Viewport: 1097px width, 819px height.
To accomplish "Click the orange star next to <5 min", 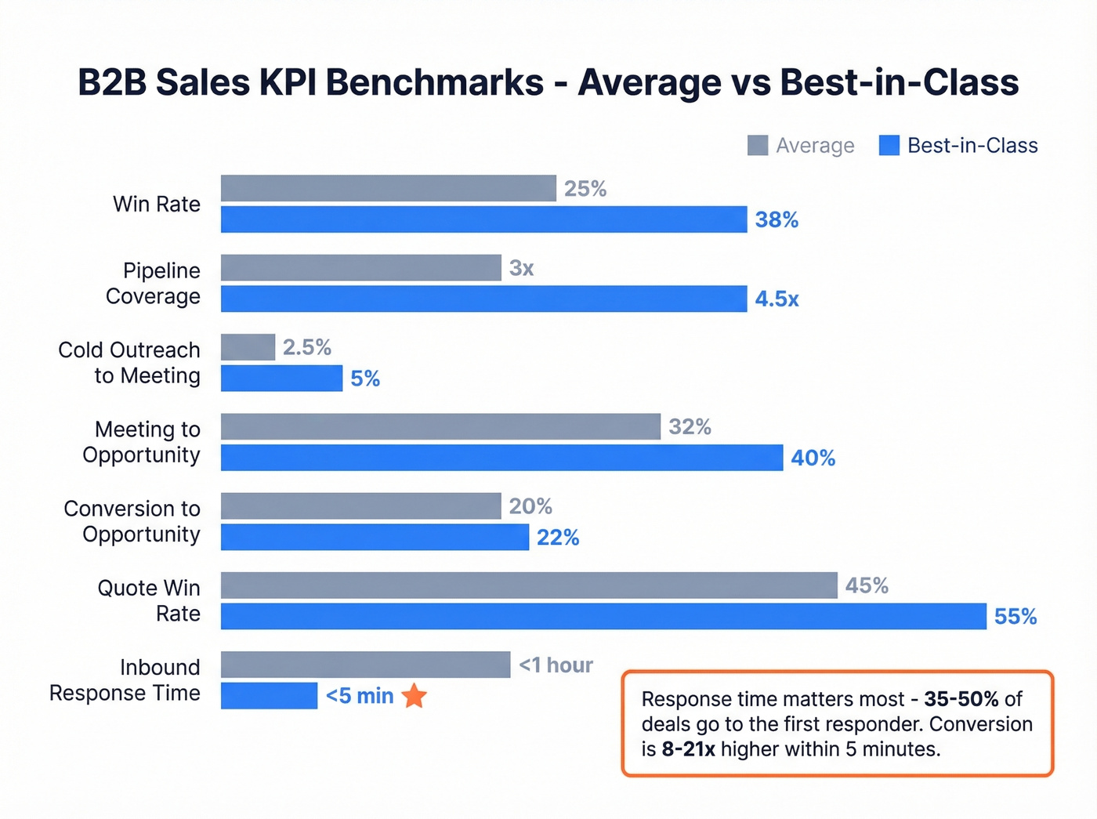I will coord(414,695).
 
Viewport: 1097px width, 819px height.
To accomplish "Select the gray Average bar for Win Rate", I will coord(388,188).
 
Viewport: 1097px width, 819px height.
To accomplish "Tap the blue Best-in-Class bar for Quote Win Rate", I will coord(603,616).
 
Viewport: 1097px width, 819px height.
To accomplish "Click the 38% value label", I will coord(777,219).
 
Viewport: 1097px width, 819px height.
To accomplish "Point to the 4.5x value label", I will coord(777,299).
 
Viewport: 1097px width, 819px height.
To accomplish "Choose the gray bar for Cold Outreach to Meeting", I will coord(248,347).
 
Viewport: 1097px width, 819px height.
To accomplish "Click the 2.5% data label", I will coord(307,347).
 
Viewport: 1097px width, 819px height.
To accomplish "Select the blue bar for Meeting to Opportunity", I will coord(501,458).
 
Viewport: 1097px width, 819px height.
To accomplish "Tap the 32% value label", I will coord(690,426).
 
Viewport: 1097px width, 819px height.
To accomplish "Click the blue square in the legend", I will coord(889,145).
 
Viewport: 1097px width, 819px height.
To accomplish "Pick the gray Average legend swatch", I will coord(758,145).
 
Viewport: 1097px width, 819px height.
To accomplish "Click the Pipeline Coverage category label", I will coord(154,283).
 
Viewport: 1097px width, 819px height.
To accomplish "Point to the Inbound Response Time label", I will coord(125,679).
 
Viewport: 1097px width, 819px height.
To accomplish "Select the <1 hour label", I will coord(556,665).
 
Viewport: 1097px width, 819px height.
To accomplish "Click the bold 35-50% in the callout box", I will coord(961,698).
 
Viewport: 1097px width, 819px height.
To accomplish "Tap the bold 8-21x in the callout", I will coord(688,748).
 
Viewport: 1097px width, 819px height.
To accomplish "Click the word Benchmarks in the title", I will coord(435,82).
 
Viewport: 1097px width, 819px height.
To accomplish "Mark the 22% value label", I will coord(558,537).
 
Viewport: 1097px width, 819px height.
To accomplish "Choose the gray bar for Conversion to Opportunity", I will coord(360,506).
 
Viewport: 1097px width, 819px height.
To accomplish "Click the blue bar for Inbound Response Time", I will coord(269,695).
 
